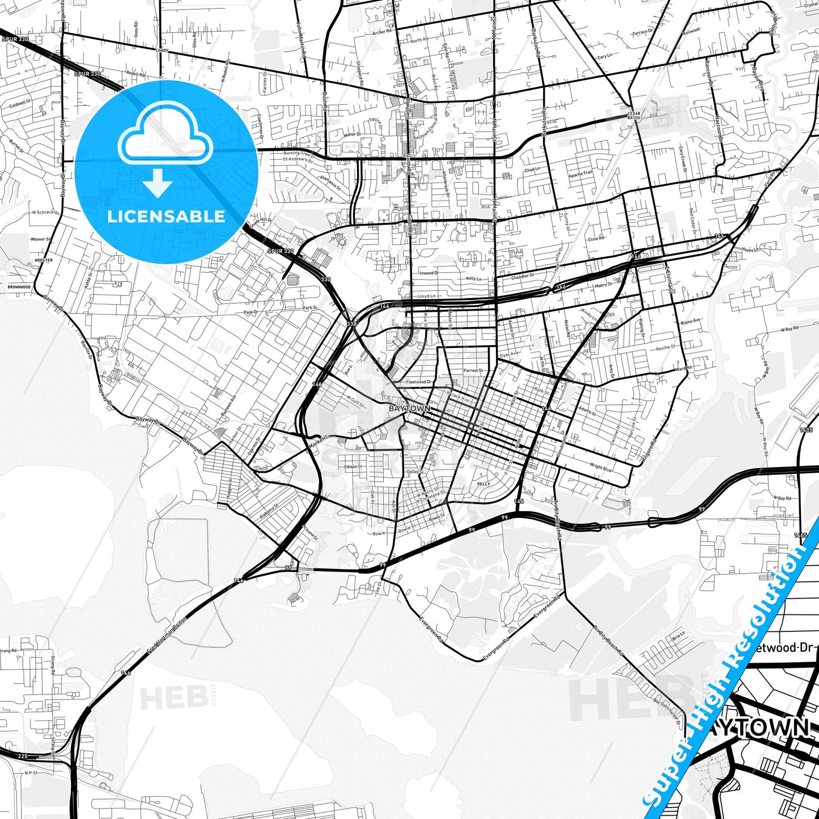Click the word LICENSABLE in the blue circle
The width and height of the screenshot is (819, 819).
coord(166,217)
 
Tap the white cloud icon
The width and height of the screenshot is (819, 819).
coord(166,139)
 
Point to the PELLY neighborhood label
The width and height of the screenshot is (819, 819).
coord(483,484)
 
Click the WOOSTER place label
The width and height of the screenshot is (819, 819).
coord(44,260)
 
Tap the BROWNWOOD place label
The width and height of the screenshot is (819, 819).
coord(19,287)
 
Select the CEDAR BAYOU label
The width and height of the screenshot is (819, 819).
coord(634,116)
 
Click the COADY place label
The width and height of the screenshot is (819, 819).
coord(162,50)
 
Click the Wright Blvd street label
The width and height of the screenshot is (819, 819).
coord(601,468)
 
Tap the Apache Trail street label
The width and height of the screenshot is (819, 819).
coord(580,175)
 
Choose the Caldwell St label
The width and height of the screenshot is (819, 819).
coord(20,104)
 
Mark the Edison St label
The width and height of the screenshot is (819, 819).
coord(353,467)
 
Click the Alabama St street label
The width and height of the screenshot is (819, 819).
coord(269,513)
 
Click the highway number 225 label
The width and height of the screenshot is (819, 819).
coord(23,756)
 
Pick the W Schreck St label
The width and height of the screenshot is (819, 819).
coord(46,213)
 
